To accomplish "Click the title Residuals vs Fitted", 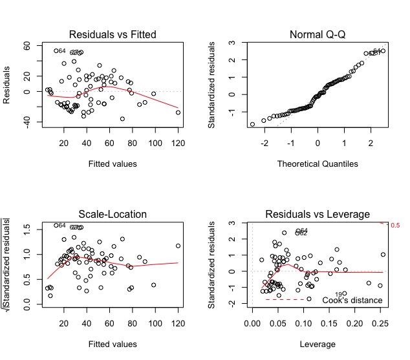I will pyautogui.click(x=113, y=34).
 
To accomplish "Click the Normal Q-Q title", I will pyautogui.click(x=318, y=34).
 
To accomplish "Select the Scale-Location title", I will pyautogui.click(x=113, y=214).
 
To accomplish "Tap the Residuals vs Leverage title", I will pyautogui.click(x=318, y=214).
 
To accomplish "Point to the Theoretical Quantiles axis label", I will pyautogui.click(x=318, y=164).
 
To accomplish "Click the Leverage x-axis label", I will pyautogui.click(x=318, y=343).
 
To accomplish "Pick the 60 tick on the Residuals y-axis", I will pyautogui.click(x=27, y=46).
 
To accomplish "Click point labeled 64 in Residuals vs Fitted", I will pyautogui.click(x=56, y=50).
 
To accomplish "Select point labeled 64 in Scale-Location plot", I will pyautogui.click(x=56, y=226).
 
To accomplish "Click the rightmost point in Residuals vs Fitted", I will pyautogui.click(x=178, y=112).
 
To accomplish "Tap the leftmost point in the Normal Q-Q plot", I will pyautogui.click(x=252, y=124).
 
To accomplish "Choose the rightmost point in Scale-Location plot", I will pyautogui.click(x=178, y=246).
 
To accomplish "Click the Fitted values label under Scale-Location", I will pyautogui.click(x=113, y=343).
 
